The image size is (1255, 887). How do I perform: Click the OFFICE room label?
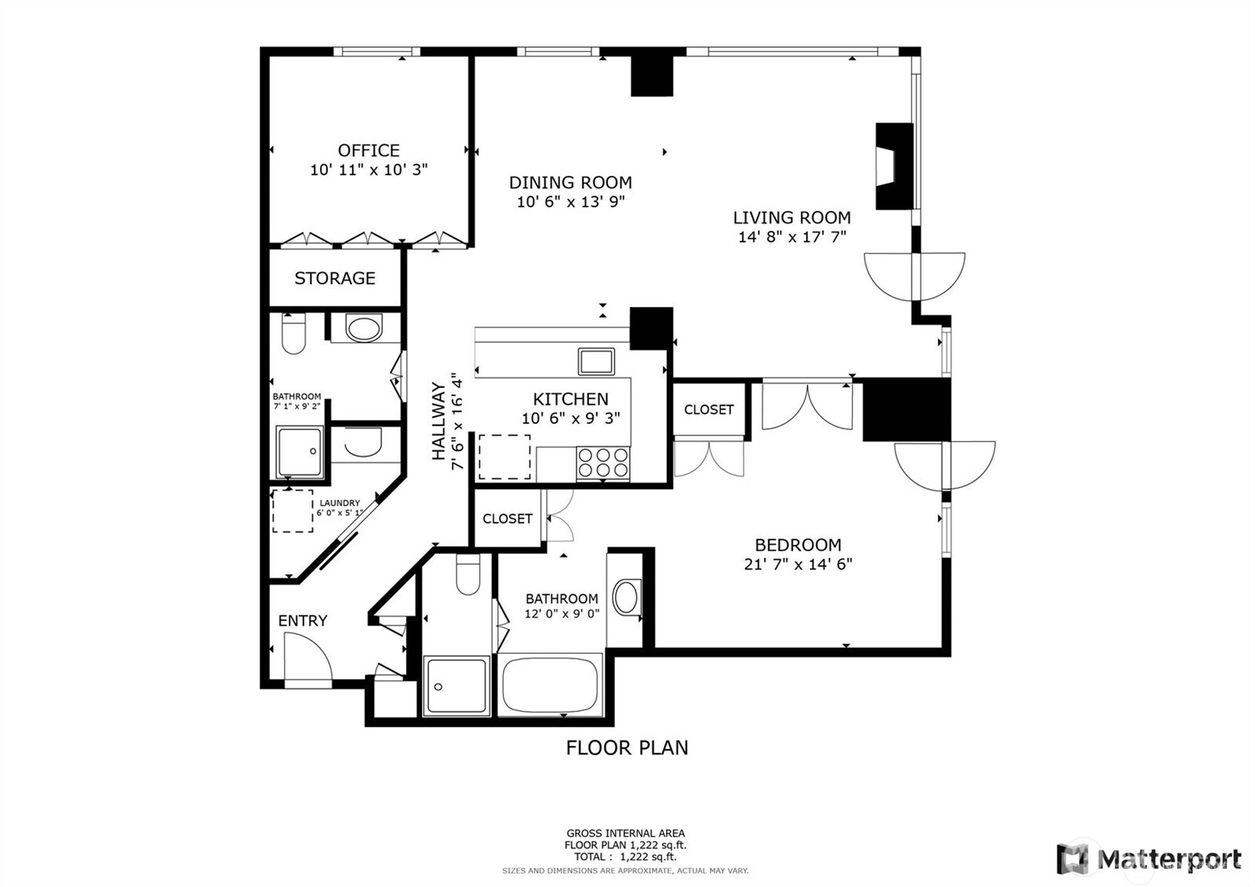pyautogui.click(x=369, y=150)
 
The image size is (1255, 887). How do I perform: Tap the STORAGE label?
pyautogui.click(x=335, y=278)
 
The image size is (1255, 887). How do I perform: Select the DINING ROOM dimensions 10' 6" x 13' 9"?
pyautogui.click(x=570, y=202)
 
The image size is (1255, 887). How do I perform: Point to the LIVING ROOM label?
pyautogui.click(x=791, y=217)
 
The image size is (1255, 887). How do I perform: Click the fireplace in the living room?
pyautogui.click(x=893, y=166)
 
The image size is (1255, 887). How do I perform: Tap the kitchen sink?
pyautogui.click(x=597, y=361)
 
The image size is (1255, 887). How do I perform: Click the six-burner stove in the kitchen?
pyautogui.click(x=603, y=462)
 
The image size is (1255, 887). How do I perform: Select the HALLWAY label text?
pyautogui.click(x=438, y=421)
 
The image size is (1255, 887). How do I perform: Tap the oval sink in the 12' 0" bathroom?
pyautogui.click(x=626, y=597)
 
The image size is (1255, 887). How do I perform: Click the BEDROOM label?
pyautogui.click(x=798, y=545)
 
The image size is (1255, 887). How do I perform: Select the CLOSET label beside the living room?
pyautogui.click(x=708, y=410)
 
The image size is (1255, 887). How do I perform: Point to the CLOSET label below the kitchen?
pyautogui.click(x=507, y=519)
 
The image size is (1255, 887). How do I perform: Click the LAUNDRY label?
pyautogui.click(x=340, y=503)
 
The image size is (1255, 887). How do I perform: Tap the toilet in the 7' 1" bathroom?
pyautogui.click(x=293, y=335)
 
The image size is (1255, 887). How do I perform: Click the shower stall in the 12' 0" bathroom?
pyautogui.click(x=456, y=686)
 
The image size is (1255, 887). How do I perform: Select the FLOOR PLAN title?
pyautogui.click(x=627, y=747)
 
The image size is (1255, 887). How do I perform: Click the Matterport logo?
pyautogui.click(x=1149, y=859)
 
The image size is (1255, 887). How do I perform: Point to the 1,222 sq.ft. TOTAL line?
pyautogui.click(x=625, y=857)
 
